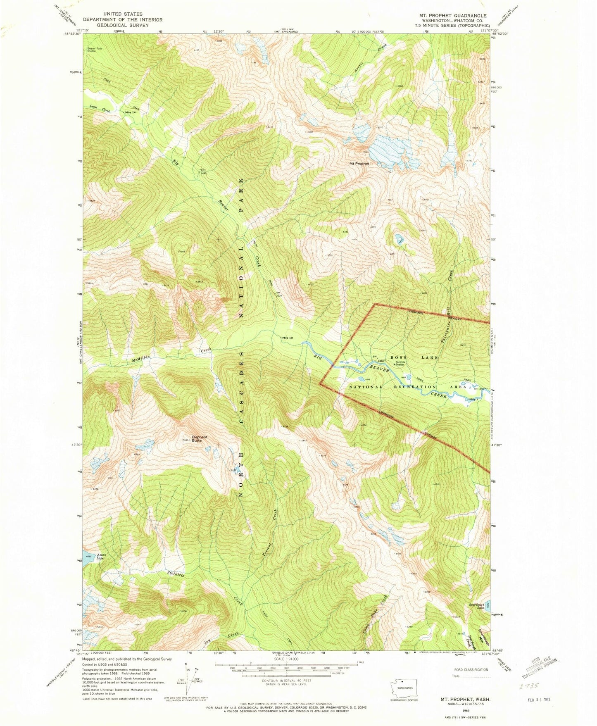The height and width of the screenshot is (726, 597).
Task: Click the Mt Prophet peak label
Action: pyautogui.click(x=359, y=164)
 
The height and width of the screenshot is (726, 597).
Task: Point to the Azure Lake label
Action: pyautogui.click(x=100, y=557)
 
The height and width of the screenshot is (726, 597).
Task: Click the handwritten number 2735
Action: pyautogui.click(x=529, y=686)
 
